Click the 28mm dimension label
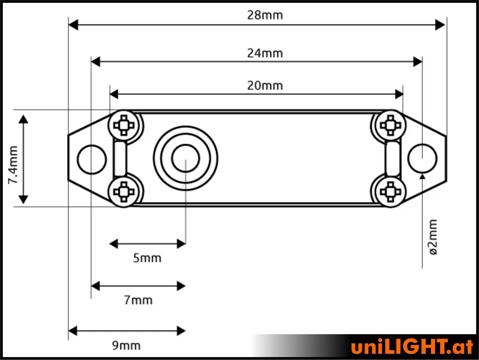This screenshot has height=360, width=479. tap(265, 15)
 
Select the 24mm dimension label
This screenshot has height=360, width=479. tap(265, 53)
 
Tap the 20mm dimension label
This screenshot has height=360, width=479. tap(265, 86)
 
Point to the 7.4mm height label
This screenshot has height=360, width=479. tap(13, 165)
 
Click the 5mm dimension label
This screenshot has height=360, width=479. tap(147, 258)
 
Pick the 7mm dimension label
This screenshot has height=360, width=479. tap(138, 300)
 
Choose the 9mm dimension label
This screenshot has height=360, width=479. tap(126, 345)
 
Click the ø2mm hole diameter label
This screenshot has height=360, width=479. tap(433, 237)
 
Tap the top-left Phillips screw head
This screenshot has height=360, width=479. tap(123, 125)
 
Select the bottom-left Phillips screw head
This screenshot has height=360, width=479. tap(123, 191)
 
